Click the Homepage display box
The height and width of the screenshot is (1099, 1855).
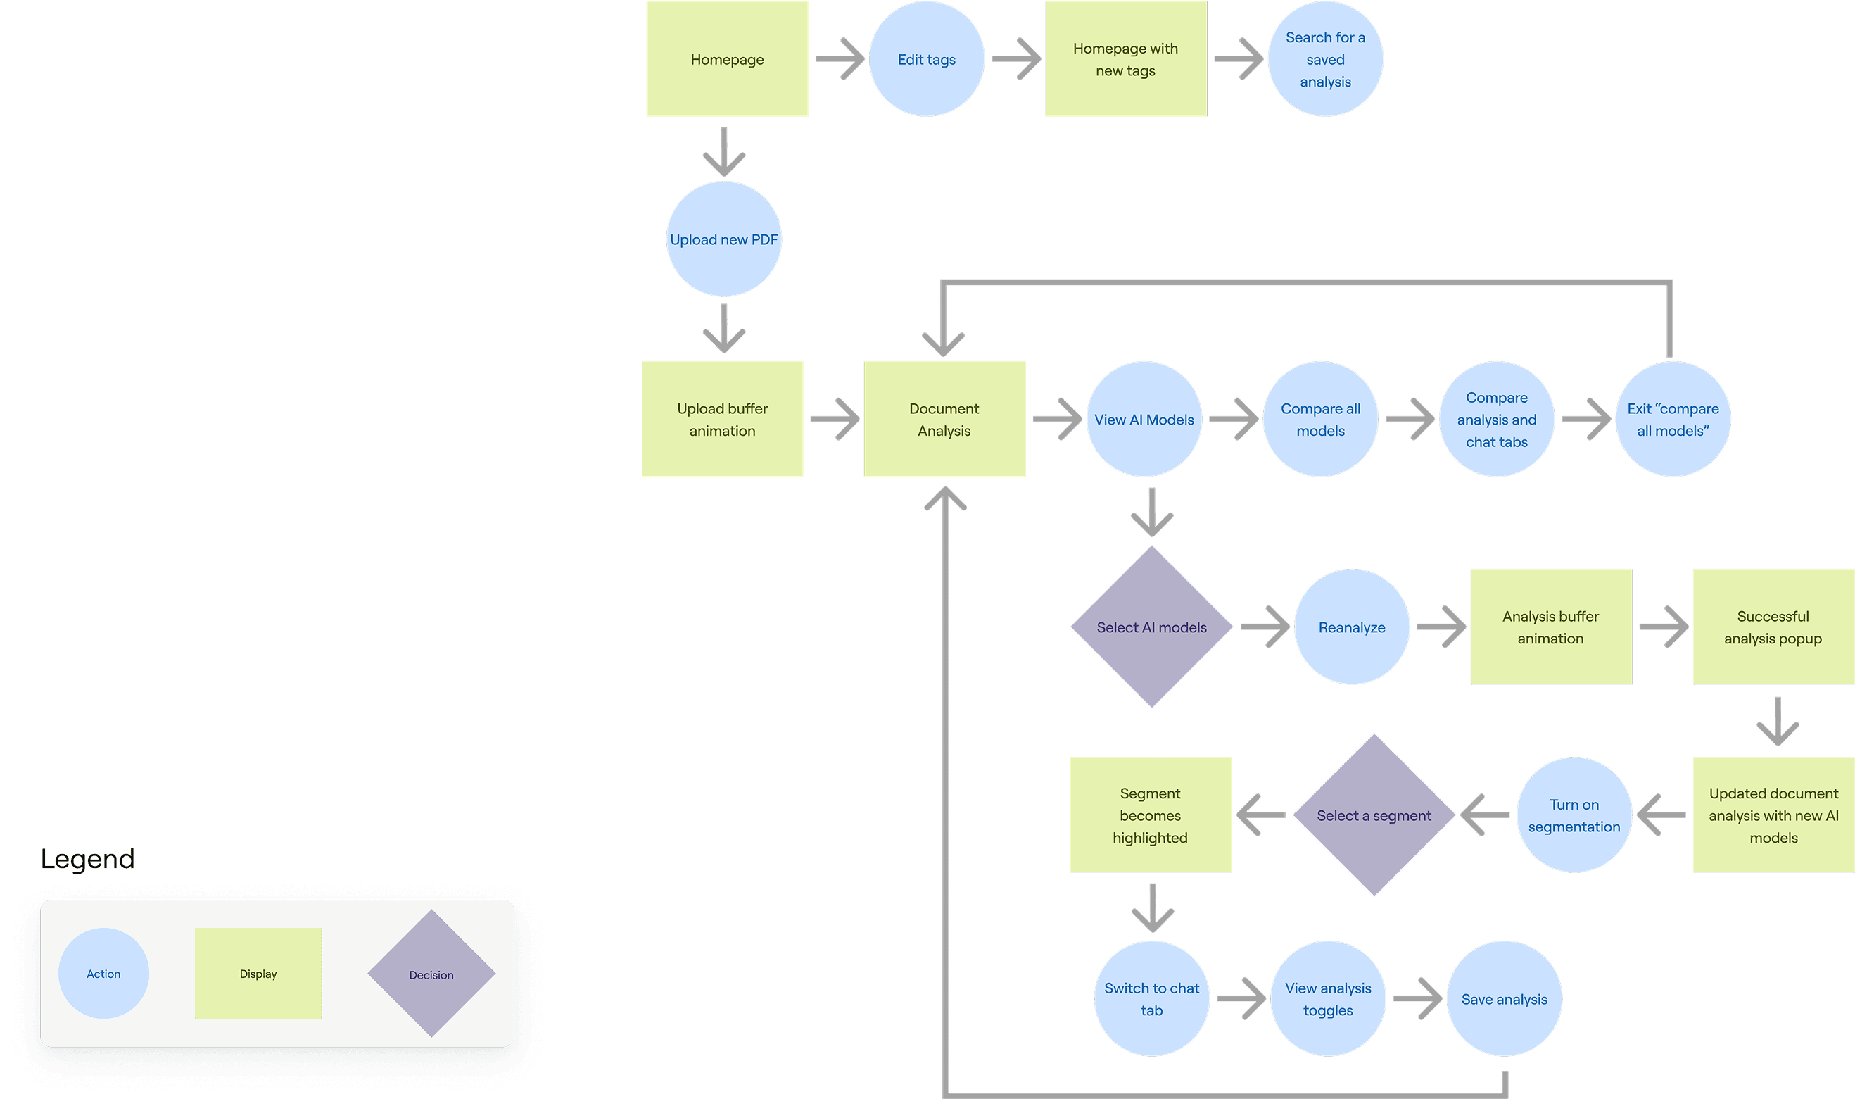tap(727, 59)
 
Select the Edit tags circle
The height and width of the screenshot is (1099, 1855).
tap(926, 59)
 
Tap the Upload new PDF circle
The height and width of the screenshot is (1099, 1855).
tap(723, 239)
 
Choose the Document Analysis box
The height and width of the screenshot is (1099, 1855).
tap(944, 419)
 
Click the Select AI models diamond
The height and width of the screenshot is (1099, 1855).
tap(1151, 627)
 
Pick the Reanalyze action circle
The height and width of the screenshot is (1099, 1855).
tap(1351, 627)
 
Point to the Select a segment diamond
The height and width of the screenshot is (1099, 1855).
tap(1373, 815)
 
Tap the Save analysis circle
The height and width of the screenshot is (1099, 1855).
tap(1503, 999)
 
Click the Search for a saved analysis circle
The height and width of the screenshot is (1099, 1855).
tap(1325, 59)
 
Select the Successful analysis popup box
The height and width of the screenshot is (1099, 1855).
tap(1772, 627)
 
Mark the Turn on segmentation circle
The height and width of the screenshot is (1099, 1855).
tap(1574, 815)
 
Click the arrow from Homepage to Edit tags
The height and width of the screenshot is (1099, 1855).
tap(840, 58)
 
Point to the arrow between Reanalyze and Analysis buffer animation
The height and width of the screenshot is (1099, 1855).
tap(1441, 627)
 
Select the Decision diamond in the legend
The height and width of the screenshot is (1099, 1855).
tap(431, 974)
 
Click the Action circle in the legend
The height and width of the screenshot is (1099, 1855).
tap(103, 974)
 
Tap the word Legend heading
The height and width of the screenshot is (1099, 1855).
tap(87, 859)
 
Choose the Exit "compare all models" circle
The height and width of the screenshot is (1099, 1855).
tap(1672, 419)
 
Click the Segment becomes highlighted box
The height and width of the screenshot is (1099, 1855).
tap(1151, 815)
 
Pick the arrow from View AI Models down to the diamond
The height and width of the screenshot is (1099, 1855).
tap(1151, 513)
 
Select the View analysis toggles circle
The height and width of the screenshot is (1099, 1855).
tap(1327, 999)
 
